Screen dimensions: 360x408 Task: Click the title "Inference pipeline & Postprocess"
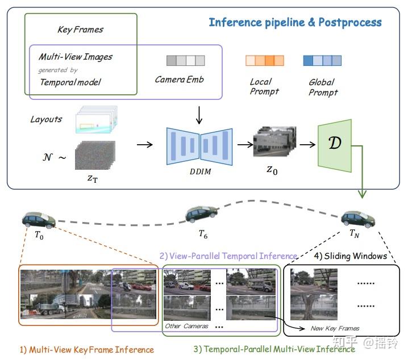click(295, 23)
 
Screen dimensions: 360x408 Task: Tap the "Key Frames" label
click(81, 29)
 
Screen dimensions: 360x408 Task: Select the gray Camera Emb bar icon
click(185, 61)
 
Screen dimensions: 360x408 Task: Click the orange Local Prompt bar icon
click(264, 61)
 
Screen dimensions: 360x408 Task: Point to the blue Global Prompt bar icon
click(322, 61)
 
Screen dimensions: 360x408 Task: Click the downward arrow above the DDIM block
click(198, 115)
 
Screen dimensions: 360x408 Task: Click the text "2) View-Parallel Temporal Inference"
click(228, 256)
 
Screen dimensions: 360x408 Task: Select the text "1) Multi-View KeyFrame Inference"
click(87, 349)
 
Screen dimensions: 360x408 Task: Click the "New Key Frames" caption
click(335, 328)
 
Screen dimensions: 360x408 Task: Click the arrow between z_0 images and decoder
click(307, 144)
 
